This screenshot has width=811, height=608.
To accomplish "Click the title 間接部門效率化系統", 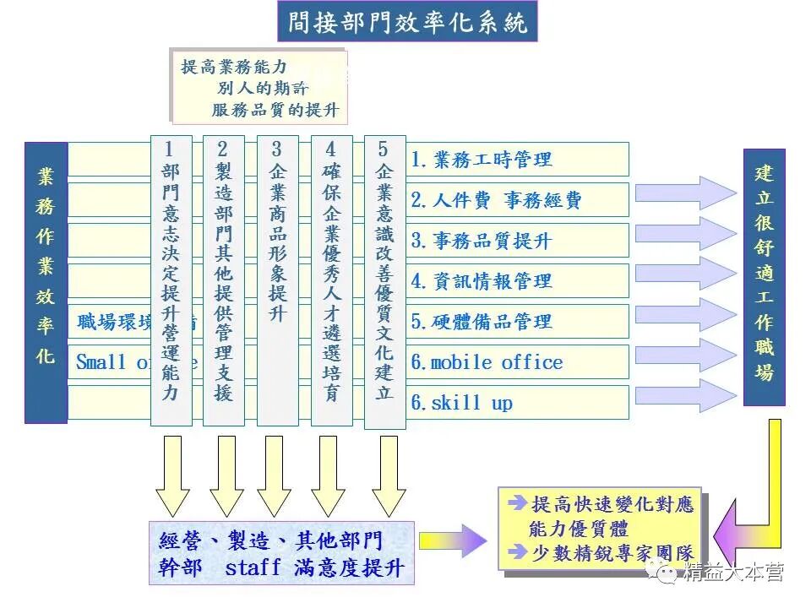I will tap(407, 22).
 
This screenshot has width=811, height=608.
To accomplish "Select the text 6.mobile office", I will tap(487, 362).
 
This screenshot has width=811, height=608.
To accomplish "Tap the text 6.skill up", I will tap(461, 403).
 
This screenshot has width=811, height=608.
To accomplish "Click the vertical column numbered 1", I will tap(171, 279).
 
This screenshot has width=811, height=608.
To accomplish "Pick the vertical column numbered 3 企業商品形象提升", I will tap(277, 279).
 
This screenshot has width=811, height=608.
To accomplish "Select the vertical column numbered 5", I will tap(384, 279).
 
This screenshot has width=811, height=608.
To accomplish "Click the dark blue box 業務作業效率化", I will tap(46, 282).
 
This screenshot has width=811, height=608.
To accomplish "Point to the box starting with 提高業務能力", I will tap(259, 88).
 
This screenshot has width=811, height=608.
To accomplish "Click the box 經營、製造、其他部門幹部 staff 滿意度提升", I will tap(282, 553).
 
